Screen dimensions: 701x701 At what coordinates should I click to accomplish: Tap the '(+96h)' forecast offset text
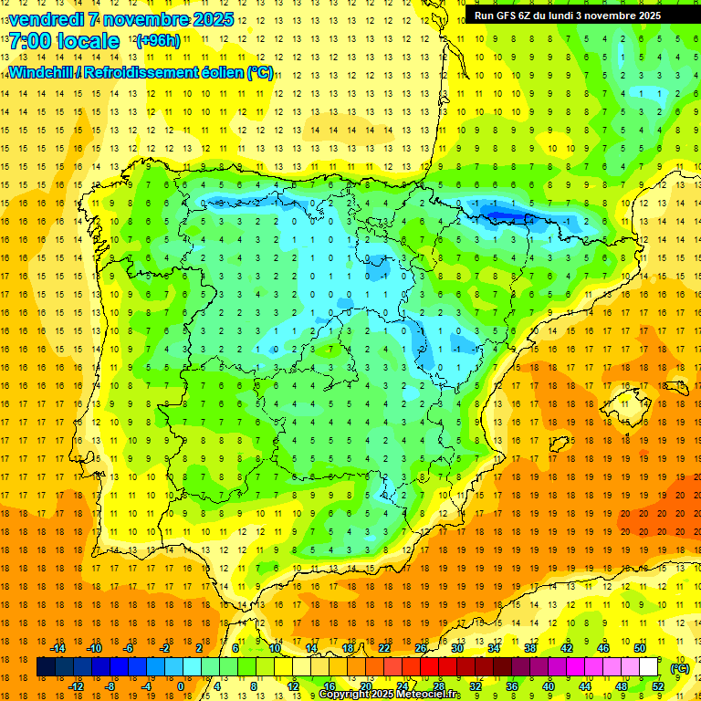(x=157, y=41)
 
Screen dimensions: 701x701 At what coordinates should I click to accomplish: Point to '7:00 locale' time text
(x=64, y=41)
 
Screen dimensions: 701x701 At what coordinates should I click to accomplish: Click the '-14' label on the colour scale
(x=58, y=648)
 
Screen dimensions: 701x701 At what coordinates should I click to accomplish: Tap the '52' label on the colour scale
(x=658, y=686)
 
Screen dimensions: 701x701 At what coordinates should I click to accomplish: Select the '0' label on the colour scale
(x=180, y=686)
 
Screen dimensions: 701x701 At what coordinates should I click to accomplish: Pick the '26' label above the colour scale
(x=421, y=648)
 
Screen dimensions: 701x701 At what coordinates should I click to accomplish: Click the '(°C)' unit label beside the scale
(x=680, y=668)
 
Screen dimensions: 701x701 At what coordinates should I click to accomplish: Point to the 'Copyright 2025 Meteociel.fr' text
(x=390, y=695)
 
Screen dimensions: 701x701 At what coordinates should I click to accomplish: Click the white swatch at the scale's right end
(x=649, y=667)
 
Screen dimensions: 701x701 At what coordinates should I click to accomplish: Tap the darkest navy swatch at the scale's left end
(x=46, y=667)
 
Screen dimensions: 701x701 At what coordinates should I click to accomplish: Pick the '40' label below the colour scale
(x=549, y=686)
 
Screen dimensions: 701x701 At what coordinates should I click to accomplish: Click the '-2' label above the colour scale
(x=165, y=648)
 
